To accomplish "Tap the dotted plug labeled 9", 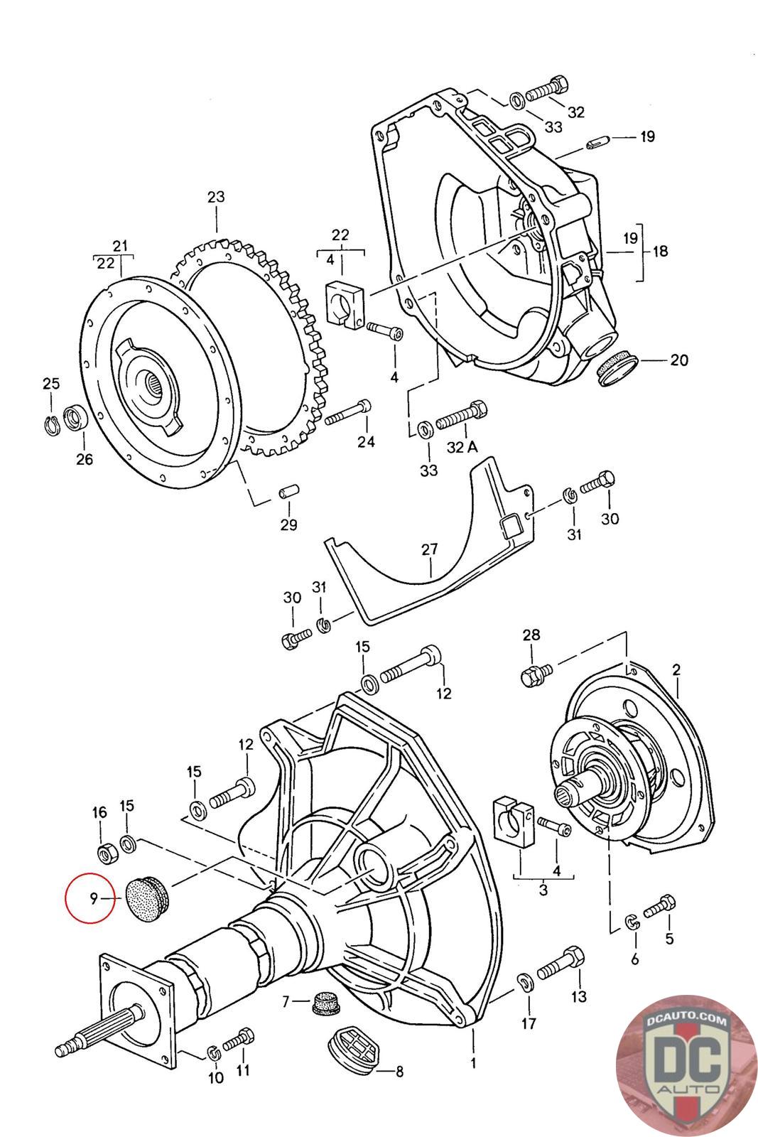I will click(146, 898).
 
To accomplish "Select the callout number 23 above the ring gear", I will click(216, 197).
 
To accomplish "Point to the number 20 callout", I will click(679, 360).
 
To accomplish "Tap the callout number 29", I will click(288, 525).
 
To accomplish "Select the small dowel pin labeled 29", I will click(290, 492).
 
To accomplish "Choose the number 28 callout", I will click(531, 635).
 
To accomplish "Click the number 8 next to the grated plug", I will click(399, 1072).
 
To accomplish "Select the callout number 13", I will click(579, 996).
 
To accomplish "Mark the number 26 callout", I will click(85, 459).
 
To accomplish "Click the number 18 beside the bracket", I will click(661, 251).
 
